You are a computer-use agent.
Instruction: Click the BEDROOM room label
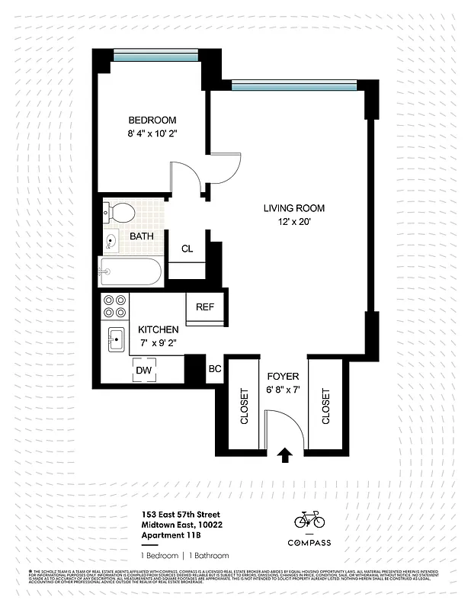click(x=152, y=120)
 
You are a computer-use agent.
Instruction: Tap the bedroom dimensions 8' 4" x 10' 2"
click(x=152, y=134)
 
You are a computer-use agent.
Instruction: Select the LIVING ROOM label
click(x=294, y=208)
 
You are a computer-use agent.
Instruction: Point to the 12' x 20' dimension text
click(x=294, y=222)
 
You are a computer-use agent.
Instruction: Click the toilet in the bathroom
click(x=120, y=210)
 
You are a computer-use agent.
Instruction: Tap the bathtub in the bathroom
click(x=130, y=271)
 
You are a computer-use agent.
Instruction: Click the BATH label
click(x=141, y=236)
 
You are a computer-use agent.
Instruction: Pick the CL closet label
click(x=187, y=249)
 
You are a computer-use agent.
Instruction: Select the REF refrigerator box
click(x=205, y=307)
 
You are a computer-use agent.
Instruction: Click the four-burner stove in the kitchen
click(x=115, y=306)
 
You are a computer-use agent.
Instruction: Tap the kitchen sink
click(x=117, y=338)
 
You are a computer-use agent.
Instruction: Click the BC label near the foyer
click(x=215, y=369)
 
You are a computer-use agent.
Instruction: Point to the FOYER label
click(x=283, y=377)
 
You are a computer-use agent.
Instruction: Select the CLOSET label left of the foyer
click(x=245, y=408)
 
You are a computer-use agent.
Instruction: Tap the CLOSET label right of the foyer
click(x=325, y=408)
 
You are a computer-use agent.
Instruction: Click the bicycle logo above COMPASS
click(x=309, y=520)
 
